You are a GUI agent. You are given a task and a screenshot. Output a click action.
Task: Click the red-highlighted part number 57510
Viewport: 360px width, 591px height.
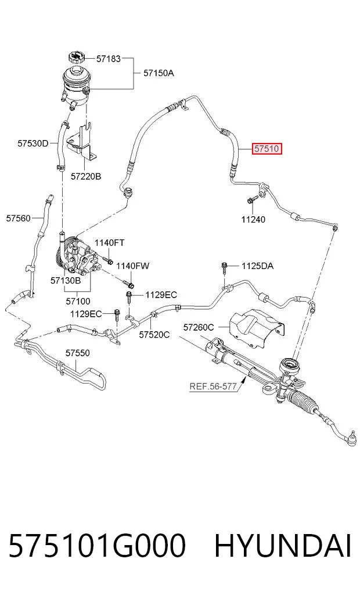point(267,149)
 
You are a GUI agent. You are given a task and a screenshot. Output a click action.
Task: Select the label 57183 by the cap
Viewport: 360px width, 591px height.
point(109,59)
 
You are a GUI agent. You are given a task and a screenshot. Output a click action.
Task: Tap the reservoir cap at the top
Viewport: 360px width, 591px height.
point(77,58)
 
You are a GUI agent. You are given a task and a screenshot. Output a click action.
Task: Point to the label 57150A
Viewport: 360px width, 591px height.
point(159,73)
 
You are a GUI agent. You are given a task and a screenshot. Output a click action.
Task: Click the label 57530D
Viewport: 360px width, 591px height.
point(33,144)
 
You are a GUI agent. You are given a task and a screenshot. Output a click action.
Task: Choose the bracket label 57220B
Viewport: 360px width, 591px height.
point(86,177)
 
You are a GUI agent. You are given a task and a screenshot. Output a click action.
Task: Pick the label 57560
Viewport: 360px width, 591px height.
point(18,219)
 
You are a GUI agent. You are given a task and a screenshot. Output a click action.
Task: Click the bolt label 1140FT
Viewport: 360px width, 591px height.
point(109,243)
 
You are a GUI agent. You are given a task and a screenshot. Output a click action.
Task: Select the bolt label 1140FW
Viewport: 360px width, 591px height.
point(132,266)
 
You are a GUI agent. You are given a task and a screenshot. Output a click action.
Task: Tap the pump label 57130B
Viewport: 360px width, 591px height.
point(66,281)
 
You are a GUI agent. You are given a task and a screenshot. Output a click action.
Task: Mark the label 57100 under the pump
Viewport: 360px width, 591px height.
point(78,302)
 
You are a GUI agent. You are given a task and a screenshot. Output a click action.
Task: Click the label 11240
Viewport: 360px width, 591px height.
point(253,219)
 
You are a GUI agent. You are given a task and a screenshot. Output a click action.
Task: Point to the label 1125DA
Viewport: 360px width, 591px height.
point(258,266)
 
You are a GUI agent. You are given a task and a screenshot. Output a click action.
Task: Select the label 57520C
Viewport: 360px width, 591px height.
point(154,335)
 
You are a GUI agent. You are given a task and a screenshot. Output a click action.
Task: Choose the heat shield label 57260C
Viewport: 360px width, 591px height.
point(199,328)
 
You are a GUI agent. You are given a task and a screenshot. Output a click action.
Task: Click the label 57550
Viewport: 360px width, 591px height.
point(78,353)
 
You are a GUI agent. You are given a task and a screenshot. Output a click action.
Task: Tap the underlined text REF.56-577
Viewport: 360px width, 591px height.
point(213,386)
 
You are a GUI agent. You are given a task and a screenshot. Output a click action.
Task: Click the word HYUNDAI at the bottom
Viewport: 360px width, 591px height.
point(283,546)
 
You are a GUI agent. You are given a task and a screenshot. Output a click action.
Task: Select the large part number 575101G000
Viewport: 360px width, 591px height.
point(97,546)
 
